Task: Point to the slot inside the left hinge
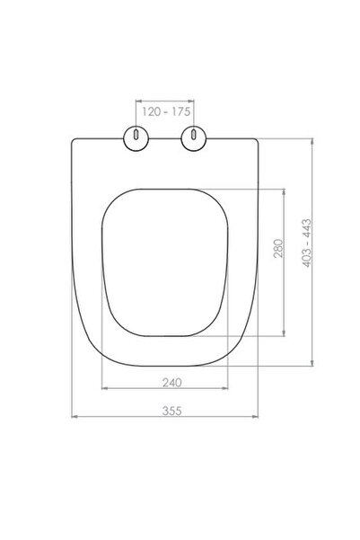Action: coord(135,137)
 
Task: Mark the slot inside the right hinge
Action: coord(193,137)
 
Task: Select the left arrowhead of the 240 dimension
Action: coord(103,388)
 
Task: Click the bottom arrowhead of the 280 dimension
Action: coord(286,333)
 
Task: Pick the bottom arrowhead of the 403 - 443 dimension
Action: coord(312,367)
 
